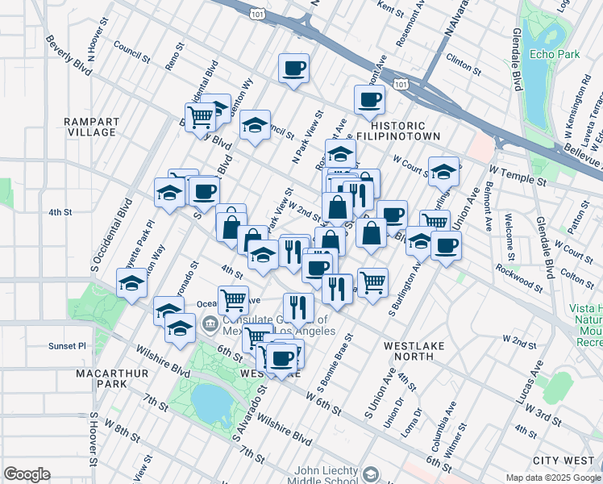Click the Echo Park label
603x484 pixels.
point(551,54)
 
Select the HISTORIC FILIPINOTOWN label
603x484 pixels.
point(403,131)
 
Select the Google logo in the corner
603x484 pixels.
point(27,474)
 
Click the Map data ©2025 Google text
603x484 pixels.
point(553,478)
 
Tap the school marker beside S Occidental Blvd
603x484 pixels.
point(131,282)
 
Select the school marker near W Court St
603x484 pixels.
point(443,170)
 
